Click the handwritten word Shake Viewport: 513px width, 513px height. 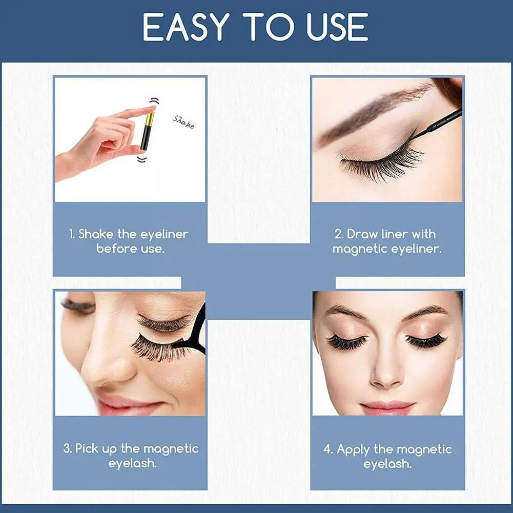coord(184,121)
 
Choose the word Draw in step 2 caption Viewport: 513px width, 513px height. coord(363,235)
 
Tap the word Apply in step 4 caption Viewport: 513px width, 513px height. coord(354,450)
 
